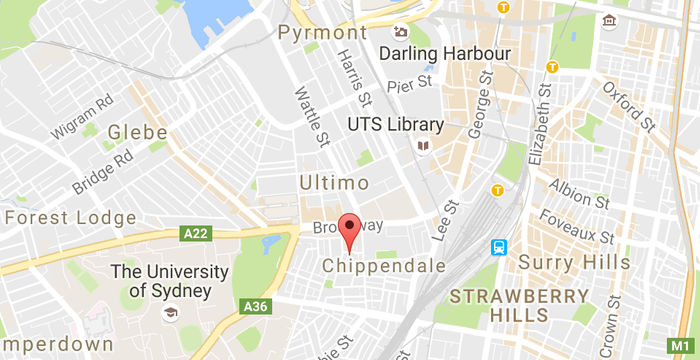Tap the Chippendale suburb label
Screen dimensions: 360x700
(383, 265)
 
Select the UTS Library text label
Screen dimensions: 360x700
(394, 125)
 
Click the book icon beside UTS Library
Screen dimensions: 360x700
(424, 146)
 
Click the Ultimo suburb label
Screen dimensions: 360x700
(334, 183)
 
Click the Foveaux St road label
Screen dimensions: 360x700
(577, 227)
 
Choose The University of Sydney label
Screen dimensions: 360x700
(161, 280)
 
